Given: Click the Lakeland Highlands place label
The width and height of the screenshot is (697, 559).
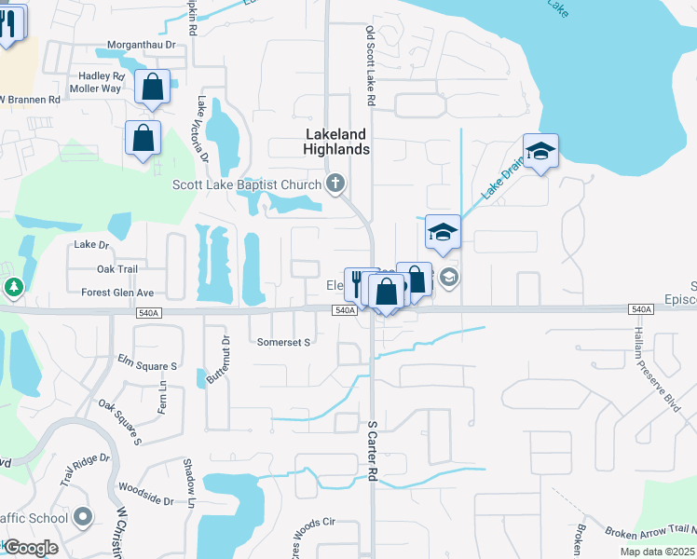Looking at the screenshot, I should coord(337,142).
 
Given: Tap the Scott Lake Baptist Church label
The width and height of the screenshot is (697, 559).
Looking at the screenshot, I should coord(247,184).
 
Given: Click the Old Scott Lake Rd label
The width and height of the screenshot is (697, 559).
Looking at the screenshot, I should coord(370,65).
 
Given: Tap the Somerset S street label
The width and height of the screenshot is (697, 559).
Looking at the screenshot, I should coord(283,343).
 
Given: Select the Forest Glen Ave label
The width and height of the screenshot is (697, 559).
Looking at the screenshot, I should coord(117,292).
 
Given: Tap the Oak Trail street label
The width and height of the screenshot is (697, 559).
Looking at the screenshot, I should coord(116,269).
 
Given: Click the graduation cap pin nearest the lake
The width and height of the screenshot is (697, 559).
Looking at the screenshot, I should coord(540,151).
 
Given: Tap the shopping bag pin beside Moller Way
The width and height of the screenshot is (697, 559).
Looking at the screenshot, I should coord(152,88).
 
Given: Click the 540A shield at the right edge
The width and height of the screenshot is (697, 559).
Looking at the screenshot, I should coord(640,309).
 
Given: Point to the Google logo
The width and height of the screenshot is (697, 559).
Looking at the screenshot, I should coord(31,548).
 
